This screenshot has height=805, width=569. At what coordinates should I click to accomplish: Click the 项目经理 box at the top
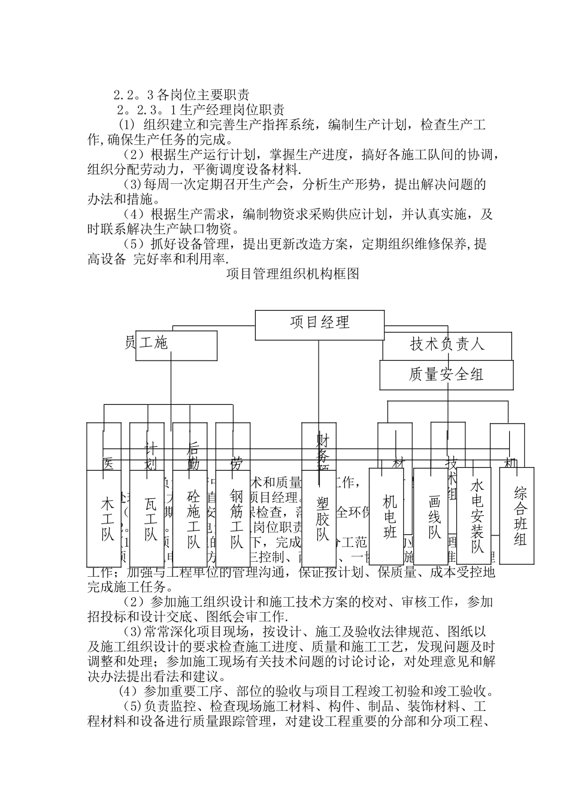[x=319, y=323]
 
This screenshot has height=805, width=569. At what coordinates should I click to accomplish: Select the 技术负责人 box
[x=447, y=344]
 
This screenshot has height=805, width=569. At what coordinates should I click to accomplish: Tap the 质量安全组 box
[x=446, y=375]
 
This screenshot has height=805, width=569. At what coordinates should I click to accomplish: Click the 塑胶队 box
[x=323, y=519]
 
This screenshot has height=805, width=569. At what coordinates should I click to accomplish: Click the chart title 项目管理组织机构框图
[x=293, y=275]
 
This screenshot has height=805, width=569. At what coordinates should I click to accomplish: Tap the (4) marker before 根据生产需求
[x=133, y=214]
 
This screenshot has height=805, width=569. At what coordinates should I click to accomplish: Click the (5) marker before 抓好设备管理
[x=133, y=244]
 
